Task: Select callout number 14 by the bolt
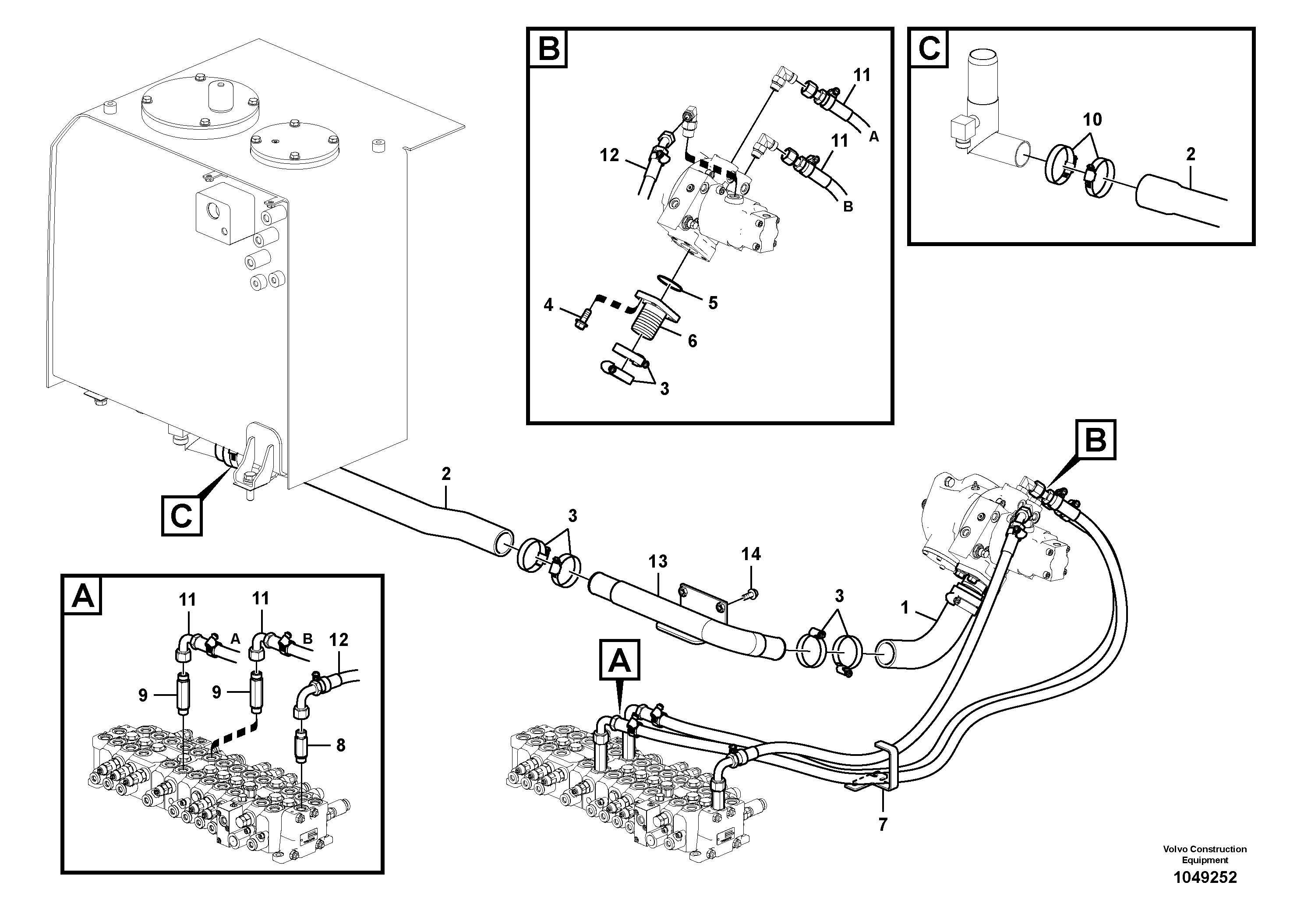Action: (x=751, y=554)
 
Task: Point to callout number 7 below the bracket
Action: (x=882, y=825)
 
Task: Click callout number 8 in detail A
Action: (x=340, y=745)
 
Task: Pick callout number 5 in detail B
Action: (x=712, y=303)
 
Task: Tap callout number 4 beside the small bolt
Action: (x=548, y=306)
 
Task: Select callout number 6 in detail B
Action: (x=692, y=341)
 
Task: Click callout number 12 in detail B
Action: (x=609, y=155)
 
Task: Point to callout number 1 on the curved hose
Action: (x=905, y=608)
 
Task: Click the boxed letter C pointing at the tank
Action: (x=182, y=515)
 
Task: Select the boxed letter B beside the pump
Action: (x=1095, y=440)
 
